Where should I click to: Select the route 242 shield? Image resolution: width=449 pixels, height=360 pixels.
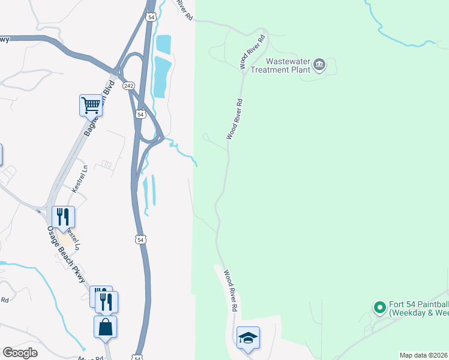point(128,86)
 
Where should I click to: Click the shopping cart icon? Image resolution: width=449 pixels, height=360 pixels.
point(91,105)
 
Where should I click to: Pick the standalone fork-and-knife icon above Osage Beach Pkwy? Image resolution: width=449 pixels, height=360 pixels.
point(63,217)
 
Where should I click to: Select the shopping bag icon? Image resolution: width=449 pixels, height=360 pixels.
point(105,327)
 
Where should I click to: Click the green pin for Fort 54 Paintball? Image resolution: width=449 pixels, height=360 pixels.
point(379,308)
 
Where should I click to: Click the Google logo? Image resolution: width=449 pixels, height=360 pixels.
point(20,353)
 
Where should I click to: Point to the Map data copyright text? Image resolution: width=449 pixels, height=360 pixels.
point(424,355)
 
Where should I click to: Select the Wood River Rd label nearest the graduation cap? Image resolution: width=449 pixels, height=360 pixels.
point(229,290)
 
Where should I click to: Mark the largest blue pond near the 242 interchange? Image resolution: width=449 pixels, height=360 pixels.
point(159,76)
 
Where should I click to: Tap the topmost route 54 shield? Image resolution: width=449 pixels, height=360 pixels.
point(151,16)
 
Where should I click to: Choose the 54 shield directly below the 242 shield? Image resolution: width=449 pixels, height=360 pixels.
point(140,113)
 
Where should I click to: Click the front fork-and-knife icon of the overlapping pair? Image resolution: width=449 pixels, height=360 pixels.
point(107,301)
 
